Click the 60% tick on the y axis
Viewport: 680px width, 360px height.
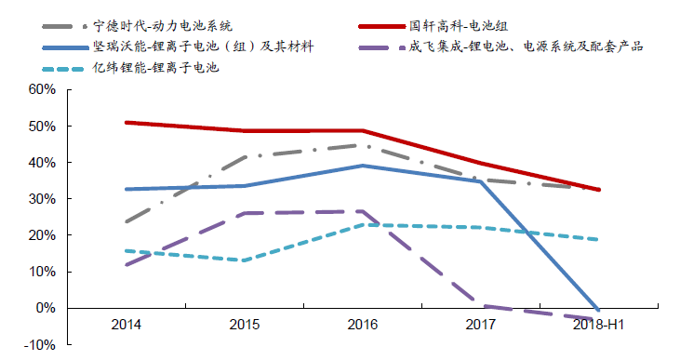pos(44,89)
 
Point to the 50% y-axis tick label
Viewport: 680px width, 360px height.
pos(44,126)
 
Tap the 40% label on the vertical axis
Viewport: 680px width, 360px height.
pos(44,163)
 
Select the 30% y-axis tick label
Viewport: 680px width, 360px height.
pos(44,199)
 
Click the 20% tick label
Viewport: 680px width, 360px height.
pos(44,235)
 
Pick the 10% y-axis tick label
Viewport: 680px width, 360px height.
pos(44,272)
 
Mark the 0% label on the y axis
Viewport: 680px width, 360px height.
pos(47,308)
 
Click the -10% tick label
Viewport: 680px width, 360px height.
pos(42,345)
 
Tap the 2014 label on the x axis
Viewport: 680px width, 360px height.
pos(126,325)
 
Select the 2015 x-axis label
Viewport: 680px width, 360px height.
pos(244,325)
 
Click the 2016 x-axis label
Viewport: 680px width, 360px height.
pos(362,325)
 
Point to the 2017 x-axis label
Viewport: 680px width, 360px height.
pos(480,325)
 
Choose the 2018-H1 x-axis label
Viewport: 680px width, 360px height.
pos(597,325)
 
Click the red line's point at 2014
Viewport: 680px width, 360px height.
pos(126,122)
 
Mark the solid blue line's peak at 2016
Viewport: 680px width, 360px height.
pos(362,166)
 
